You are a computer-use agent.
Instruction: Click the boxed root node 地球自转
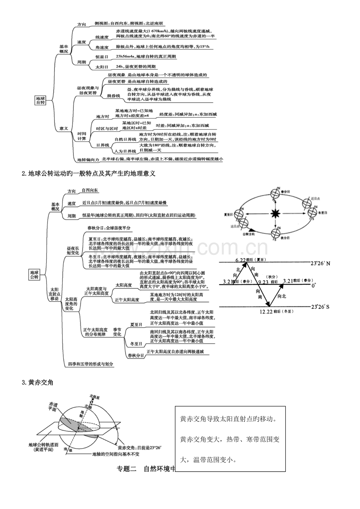(40, 100)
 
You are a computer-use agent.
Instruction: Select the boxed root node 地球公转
(34, 274)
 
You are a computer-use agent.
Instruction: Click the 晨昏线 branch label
(113, 95)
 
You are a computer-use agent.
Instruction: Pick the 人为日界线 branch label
(125, 151)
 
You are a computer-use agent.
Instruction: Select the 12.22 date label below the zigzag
(267, 312)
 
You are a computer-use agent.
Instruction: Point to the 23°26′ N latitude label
(320, 263)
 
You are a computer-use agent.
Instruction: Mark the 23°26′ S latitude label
(320, 307)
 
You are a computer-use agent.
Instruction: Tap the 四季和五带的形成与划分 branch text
(90, 364)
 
